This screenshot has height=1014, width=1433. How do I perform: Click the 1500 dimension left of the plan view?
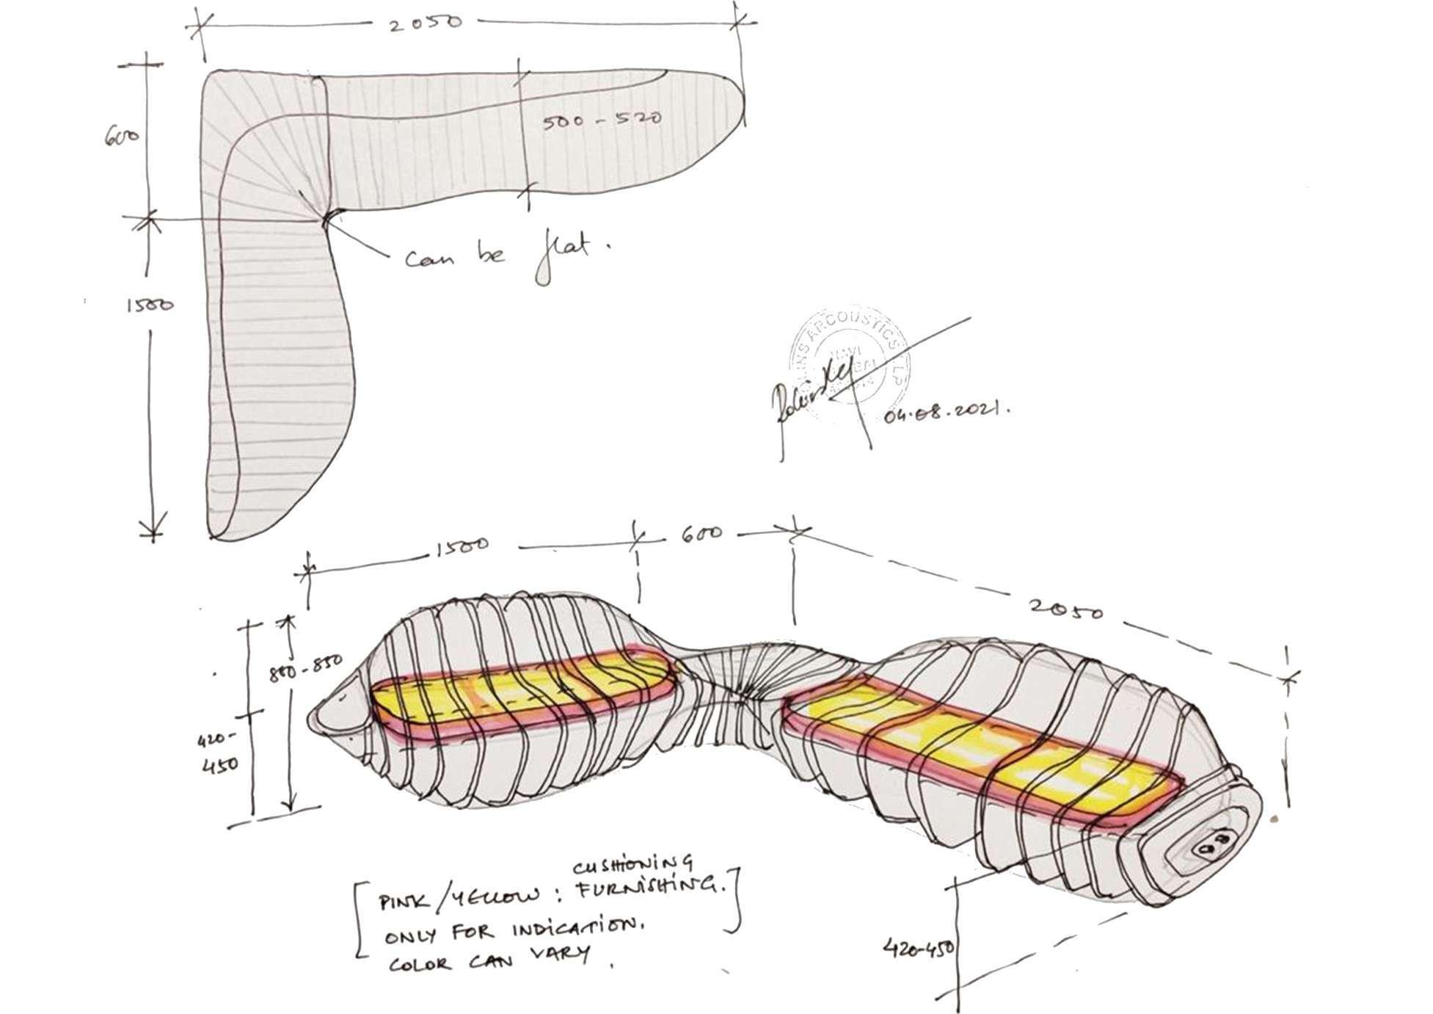click(x=151, y=303)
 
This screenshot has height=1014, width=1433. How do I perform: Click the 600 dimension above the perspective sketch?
click(x=701, y=533)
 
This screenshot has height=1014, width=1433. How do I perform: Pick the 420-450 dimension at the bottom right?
click(x=919, y=947)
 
